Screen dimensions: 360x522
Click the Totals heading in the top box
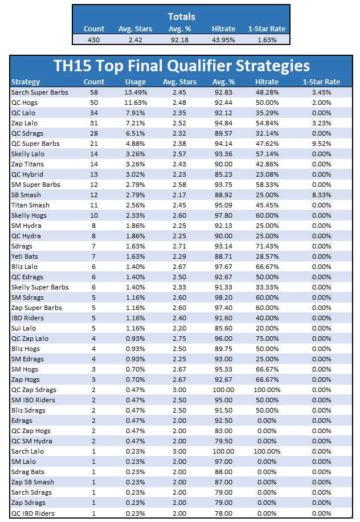point(181,17)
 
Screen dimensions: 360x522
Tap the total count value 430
point(94,40)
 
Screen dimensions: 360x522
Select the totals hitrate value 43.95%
point(223,40)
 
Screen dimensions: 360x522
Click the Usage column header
point(136,82)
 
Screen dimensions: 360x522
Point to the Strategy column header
point(26,82)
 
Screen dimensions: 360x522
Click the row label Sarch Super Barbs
point(40,92)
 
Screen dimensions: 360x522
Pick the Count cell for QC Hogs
point(94,103)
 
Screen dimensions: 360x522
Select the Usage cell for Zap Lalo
point(136,123)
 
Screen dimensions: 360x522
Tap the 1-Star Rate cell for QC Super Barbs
point(321,144)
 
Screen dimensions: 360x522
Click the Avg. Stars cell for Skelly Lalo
point(179,154)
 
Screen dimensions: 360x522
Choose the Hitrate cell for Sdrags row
point(267,246)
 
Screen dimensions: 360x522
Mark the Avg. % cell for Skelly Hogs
point(223,215)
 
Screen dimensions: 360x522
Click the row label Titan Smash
point(30,205)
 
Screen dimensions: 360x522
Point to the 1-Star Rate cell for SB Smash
point(321,195)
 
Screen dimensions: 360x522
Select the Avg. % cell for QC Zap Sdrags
point(223,390)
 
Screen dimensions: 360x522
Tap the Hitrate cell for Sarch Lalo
point(267,451)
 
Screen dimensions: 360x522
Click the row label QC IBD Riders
point(33,513)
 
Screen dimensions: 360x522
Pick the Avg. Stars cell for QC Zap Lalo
point(179,339)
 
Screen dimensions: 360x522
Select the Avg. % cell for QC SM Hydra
point(223,441)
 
